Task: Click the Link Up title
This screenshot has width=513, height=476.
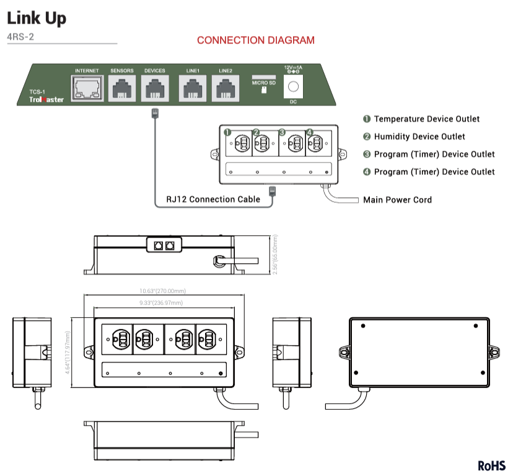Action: pyautogui.click(x=37, y=18)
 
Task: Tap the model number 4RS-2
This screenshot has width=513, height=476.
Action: pyautogui.click(x=20, y=37)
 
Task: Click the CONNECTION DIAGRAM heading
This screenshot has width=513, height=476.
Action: pyautogui.click(x=255, y=40)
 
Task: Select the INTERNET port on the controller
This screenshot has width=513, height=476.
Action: pyautogui.click(x=87, y=89)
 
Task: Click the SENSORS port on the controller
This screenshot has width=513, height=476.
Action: pyautogui.click(x=122, y=89)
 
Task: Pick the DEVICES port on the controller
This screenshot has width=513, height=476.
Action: pyautogui.click(x=154, y=89)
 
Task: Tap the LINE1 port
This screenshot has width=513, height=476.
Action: pyautogui.click(x=193, y=89)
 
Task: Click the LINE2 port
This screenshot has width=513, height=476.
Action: pyautogui.click(x=225, y=89)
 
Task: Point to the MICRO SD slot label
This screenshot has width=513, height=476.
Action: pyautogui.click(x=264, y=81)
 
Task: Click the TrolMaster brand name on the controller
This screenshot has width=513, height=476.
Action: pyautogui.click(x=46, y=99)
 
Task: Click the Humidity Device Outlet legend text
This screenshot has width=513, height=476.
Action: pyautogui.click(x=419, y=137)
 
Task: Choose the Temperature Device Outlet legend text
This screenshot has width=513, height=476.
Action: pyautogui.click(x=426, y=119)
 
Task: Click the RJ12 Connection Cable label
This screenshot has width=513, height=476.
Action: pyautogui.click(x=213, y=200)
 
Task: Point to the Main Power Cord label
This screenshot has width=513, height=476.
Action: pyautogui.click(x=397, y=200)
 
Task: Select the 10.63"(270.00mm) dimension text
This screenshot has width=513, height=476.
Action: pyautogui.click(x=163, y=290)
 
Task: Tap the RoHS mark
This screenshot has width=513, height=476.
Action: pyautogui.click(x=492, y=465)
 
